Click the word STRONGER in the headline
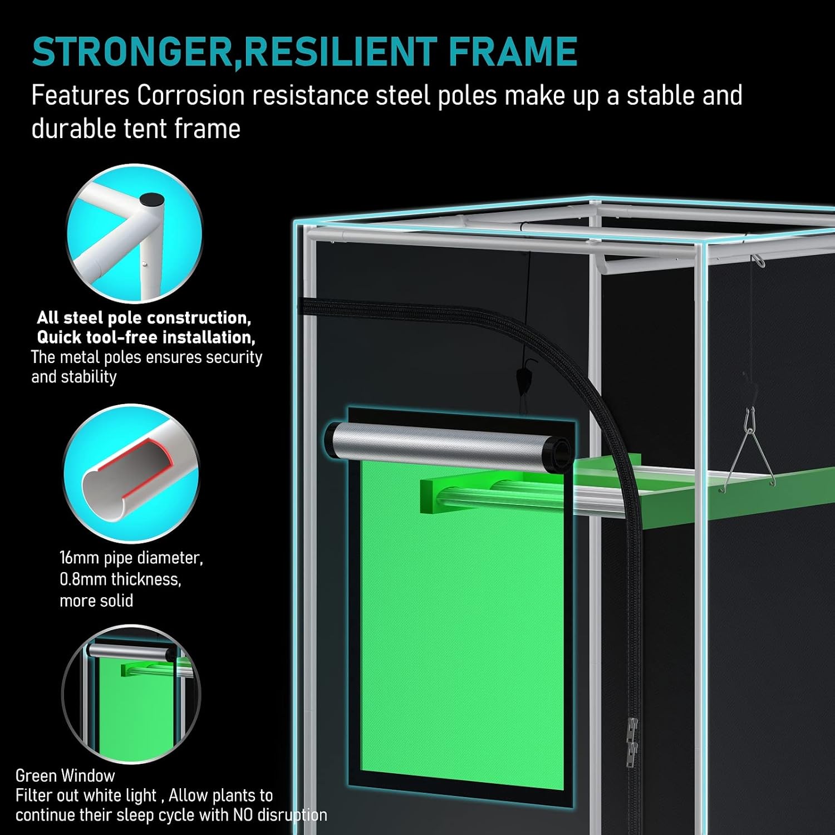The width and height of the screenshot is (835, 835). (132, 52)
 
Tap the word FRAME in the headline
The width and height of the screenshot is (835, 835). (512, 52)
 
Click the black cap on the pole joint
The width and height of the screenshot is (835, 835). (152, 200)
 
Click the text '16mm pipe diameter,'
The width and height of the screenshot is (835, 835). (131, 558)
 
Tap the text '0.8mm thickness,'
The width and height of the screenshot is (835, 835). (120, 579)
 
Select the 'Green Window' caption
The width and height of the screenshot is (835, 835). (65, 775)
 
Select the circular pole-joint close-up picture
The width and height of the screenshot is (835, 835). (134, 234)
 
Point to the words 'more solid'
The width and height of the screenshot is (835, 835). (96, 601)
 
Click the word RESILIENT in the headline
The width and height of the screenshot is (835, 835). (340, 52)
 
